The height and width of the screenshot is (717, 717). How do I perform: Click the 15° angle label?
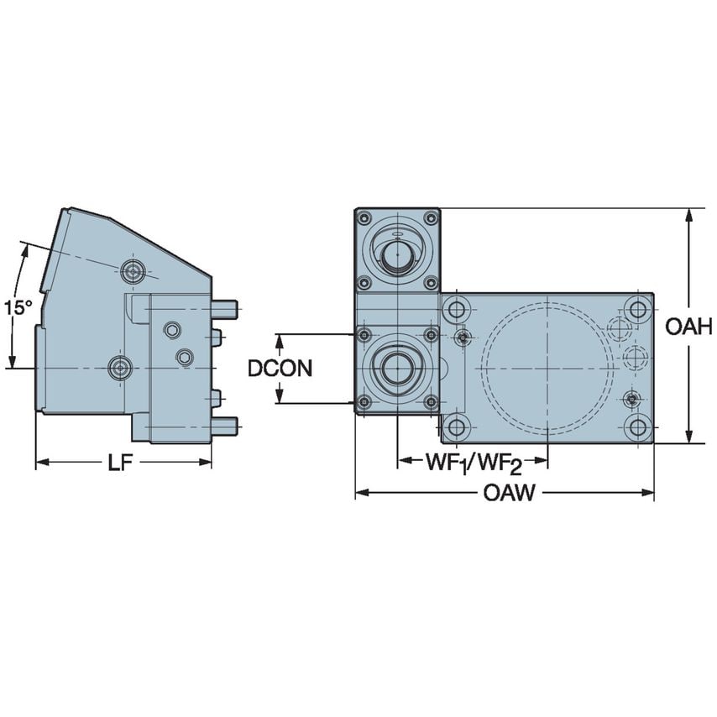[x=18, y=307]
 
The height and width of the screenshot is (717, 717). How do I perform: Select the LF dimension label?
[x=122, y=463]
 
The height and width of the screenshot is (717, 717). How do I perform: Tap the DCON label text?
[x=280, y=369]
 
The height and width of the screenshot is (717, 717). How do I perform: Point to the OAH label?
[x=688, y=327]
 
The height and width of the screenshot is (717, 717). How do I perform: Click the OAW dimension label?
[x=509, y=493]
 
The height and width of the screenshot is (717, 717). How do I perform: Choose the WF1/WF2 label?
[x=472, y=461]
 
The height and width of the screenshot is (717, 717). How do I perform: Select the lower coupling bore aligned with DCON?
[x=396, y=368]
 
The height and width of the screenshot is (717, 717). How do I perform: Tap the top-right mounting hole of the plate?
[x=638, y=310]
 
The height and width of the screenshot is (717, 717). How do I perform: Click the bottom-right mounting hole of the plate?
[x=638, y=427]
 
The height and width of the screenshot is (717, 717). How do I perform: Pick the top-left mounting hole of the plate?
[x=457, y=310]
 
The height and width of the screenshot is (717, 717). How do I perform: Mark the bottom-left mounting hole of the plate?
[x=457, y=427]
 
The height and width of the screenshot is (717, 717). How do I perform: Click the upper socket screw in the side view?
[x=133, y=270]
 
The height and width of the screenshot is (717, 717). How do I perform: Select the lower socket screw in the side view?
[x=121, y=367]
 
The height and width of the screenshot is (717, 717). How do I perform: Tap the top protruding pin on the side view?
[x=224, y=309]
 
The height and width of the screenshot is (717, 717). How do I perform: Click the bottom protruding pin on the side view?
[x=224, y=427]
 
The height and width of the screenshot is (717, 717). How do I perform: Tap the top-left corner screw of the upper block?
[x=364, y=218]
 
